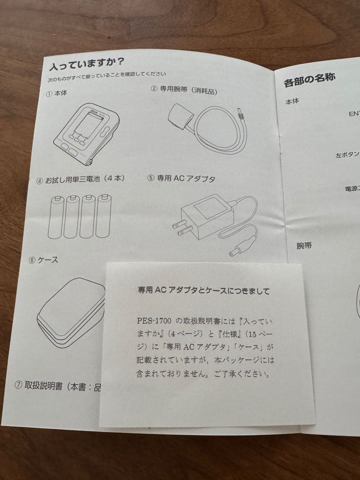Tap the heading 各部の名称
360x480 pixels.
[309, 80]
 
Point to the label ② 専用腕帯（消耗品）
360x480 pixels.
[184, 90]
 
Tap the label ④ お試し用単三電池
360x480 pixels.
[80, 179]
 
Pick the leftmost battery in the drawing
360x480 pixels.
[56, 218]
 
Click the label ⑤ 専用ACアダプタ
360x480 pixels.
[181, 178]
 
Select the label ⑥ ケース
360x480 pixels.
[43, 260]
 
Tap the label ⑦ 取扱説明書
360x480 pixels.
[58, 386]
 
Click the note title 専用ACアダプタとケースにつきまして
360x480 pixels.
[204, 291]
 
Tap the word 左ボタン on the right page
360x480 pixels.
[347, 155]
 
